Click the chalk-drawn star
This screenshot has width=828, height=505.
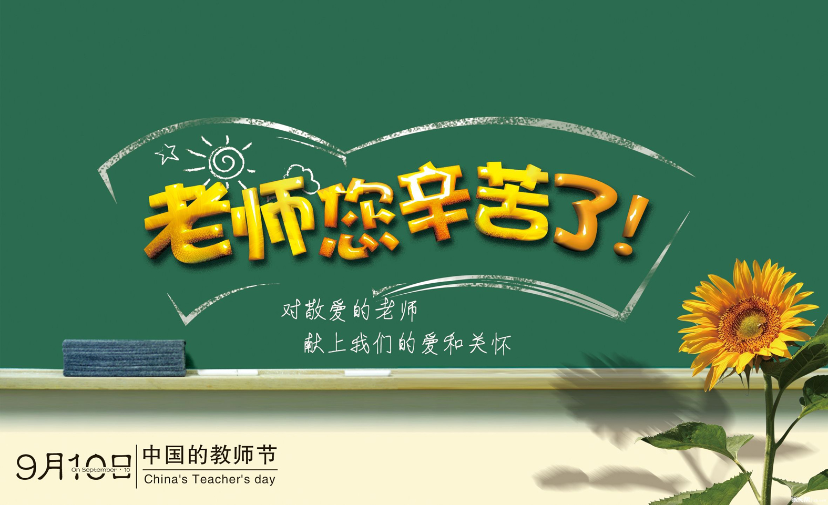point(167,153)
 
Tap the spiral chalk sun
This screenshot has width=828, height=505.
point(226,160)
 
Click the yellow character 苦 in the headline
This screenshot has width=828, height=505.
point(513,202)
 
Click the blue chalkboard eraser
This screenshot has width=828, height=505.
point(124,357)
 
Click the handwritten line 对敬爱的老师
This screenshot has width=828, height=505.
point(350,311)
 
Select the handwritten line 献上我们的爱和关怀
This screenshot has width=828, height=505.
point(407,345)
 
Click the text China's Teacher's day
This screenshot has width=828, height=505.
point(209,479)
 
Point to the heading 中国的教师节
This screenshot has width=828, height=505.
point(209,455)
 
